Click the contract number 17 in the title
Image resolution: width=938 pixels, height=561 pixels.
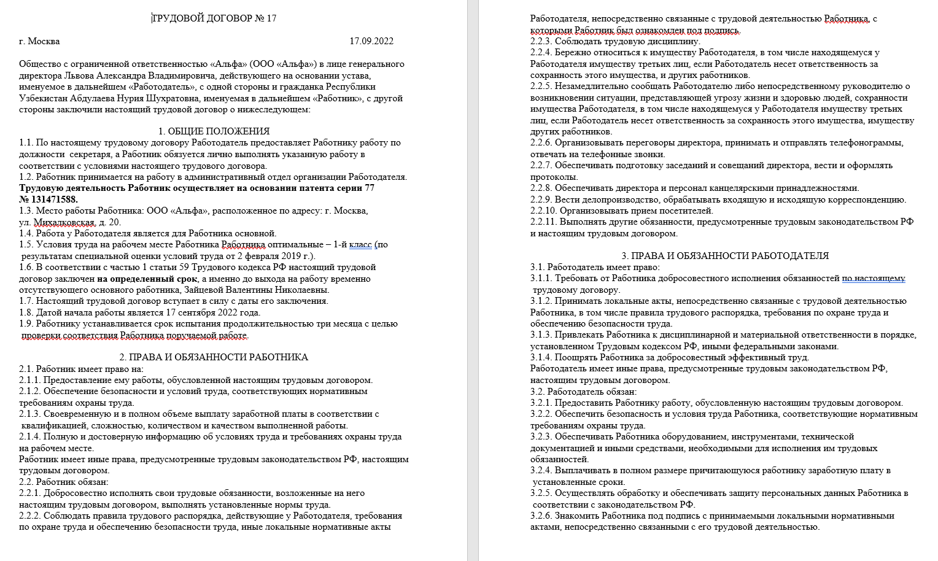click(x=271, y=18)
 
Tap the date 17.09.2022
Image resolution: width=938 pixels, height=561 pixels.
click(x=371, y=41)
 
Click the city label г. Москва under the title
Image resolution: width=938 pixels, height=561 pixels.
click(x=39, y=41)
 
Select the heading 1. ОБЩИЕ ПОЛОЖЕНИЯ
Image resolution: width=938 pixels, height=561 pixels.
click(x=214, y=131)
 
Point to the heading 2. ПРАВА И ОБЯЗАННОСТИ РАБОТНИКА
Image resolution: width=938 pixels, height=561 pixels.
click(x=214, y=357)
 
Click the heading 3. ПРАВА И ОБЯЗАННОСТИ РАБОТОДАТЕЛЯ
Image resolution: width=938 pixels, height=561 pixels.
click(x=725, y=256)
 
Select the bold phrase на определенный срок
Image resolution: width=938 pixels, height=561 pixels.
click(x=147, y=279)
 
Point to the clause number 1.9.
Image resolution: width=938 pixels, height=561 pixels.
click(x=26, y=323)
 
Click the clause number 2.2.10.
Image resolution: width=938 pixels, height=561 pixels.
click(x=543, y=211)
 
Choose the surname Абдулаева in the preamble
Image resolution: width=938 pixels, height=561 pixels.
click(x=80, y=98)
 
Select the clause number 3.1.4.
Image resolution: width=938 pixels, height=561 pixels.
click(x=541, y=357)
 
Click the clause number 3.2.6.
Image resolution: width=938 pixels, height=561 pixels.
click(x=541, y=516)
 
